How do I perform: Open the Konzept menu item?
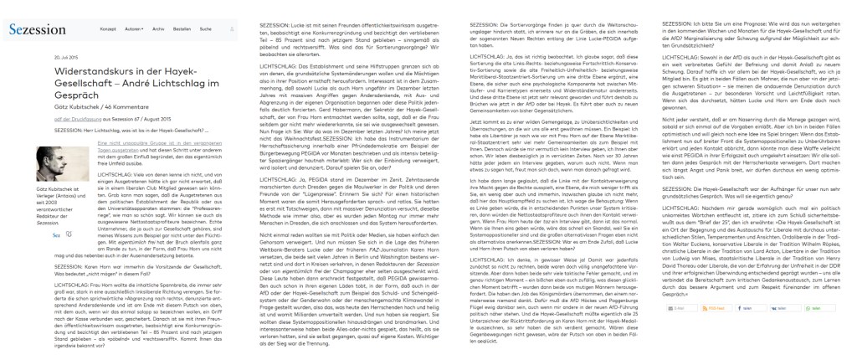click(108, 30)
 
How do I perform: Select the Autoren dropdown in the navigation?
click(132, 30)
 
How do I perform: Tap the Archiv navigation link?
click(158, 30)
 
